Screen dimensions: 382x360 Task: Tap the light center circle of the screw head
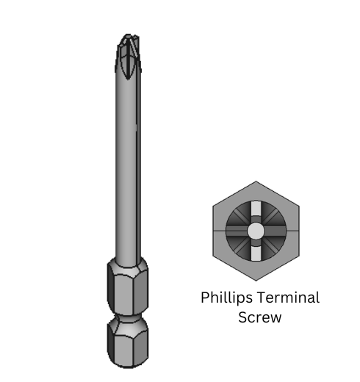point(255,231)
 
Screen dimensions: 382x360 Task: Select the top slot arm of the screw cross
point(255,209)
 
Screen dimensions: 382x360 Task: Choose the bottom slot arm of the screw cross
point(255,254)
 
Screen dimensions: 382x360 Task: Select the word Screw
point(259,317)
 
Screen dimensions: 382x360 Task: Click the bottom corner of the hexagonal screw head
point(255,280)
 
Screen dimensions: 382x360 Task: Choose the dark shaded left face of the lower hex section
point(112,345)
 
